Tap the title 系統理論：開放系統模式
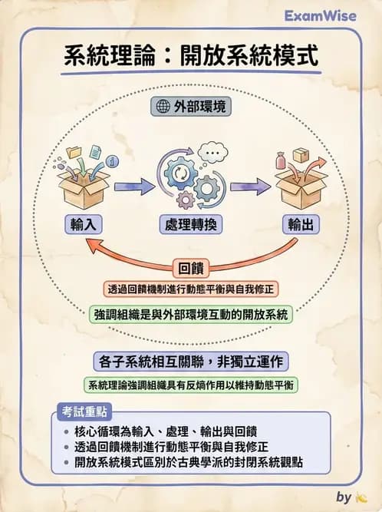click(190, 56)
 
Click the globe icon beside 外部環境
click(163, 106)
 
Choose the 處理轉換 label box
click(190, 224)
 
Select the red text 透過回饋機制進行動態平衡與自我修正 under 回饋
click(190, 289)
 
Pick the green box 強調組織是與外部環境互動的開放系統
click(190, 314)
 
